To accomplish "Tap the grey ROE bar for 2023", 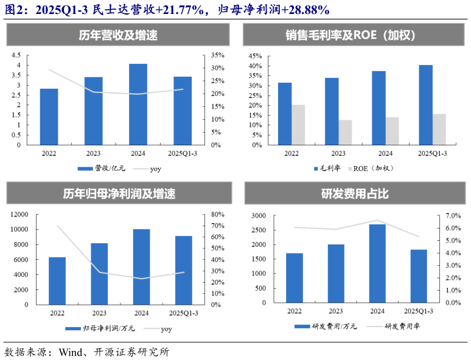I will (345, 133).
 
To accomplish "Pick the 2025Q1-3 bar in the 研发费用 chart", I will (419, 276).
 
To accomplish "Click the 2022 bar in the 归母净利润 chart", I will (57, 280).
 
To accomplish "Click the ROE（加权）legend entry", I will (372, 168).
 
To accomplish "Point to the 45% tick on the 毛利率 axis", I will (255, 55).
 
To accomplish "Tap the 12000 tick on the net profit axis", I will (18, 215).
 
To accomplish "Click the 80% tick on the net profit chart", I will (217, 215).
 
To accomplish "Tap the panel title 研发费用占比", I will (355, 195).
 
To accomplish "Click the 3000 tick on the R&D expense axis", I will (258, 216).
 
